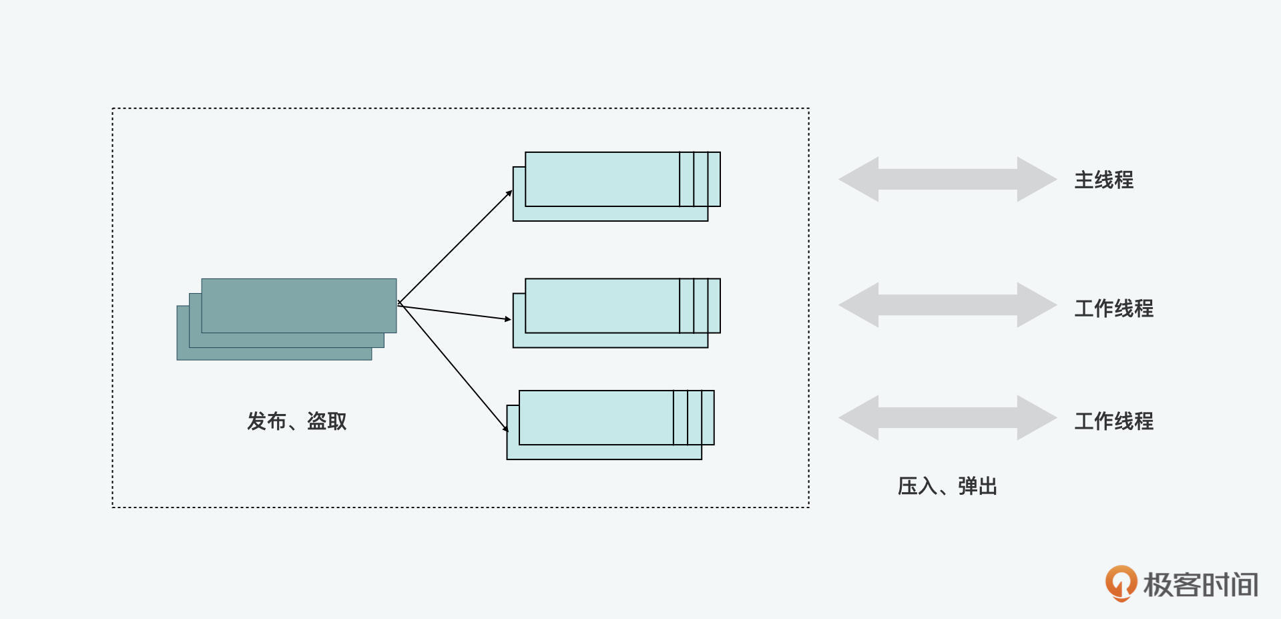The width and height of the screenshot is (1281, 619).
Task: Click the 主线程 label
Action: pyautogui.click(x=1103, y=180)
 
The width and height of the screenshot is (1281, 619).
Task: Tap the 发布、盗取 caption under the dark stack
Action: pyautogui.click(x=296, y=421)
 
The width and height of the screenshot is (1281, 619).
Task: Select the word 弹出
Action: pyautogui.click(x=977, y=486)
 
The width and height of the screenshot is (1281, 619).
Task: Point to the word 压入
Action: pyautogui.click(x=917, y=486)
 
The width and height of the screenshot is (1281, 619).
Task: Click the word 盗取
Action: pyautogui.click(x=326, y=421)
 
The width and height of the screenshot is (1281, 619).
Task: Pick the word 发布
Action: pyautogui.click(x=266, y=421)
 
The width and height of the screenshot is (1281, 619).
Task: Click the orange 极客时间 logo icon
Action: pyautogui.click(x=1121, y=583)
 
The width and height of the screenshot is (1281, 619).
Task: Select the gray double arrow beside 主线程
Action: pyautogui.click(x=947, y=179)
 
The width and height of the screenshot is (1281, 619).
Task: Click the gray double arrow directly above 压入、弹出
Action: pyautogui.click(x=947, y=418)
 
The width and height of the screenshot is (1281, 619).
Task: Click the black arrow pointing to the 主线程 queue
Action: pyautogui.click(x=455, y=247)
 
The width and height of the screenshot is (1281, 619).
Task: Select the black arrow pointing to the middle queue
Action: pyautogui.click(x=455, y=313)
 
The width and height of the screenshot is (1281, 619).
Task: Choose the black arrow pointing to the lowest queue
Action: pyautogui.click(x=454, y=367)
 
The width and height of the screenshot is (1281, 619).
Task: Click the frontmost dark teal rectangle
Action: pyautogui.click(x=298, y=305)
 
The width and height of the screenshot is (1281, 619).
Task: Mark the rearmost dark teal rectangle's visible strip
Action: pyautogui.click(x=274, y=354)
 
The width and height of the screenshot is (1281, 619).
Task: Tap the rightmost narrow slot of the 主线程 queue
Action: pyautogui.click(x=714, y=179)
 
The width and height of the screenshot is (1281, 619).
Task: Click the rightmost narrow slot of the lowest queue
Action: pyautogui.click(x=708, y=417)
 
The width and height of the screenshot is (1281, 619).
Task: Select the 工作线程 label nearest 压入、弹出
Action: pyautogui.click(x=1113, y=421)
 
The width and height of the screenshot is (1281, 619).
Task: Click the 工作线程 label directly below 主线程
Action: pyautogui.click(x=1113, y=308)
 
